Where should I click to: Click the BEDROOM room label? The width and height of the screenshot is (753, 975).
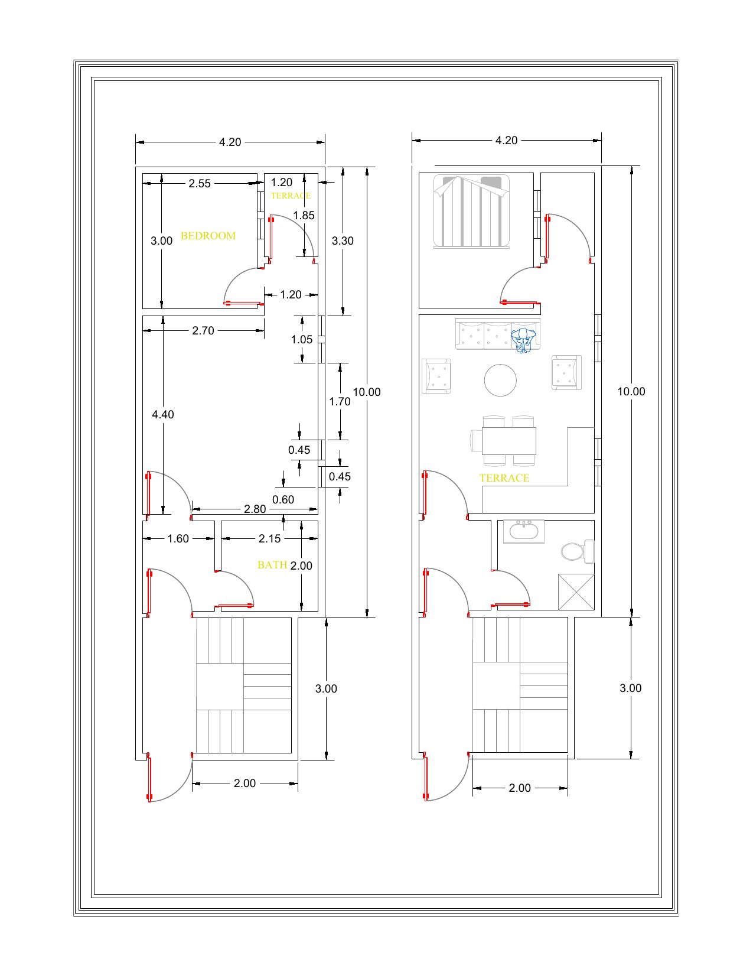pos(208,236)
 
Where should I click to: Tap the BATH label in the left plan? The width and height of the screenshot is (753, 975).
pos(272,565)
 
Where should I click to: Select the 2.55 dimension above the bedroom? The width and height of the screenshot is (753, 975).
pos(200,184)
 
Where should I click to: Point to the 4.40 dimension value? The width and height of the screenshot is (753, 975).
pos(163,415)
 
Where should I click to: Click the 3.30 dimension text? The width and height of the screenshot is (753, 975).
pos(343,241)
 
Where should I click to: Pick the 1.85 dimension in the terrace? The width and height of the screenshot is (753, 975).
pos(304,216)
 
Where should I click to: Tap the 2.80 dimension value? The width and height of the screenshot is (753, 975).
pos(255,509)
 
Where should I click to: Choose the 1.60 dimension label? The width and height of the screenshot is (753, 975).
pos(178,539)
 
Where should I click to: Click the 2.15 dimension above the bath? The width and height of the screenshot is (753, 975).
pos(269,539)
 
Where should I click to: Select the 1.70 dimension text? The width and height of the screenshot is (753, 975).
pos(340,402)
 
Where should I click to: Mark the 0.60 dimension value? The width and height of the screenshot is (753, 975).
pos(283,500)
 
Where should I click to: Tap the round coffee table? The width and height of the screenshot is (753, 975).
pos(500,380)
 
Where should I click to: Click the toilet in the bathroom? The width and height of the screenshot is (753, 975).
pos(578,551)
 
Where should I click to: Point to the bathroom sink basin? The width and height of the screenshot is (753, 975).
pos(523,531)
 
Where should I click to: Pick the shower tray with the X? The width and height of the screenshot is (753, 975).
pos(576,592)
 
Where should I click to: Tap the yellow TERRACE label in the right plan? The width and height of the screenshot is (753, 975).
pos(504,478)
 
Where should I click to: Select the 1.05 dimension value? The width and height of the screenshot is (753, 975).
pos(301,340)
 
